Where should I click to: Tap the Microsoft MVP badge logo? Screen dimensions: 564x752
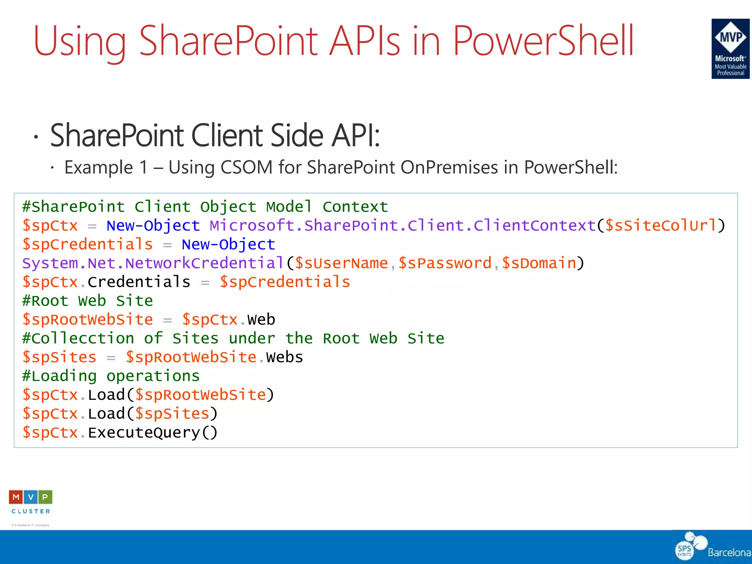(x=730, y=48)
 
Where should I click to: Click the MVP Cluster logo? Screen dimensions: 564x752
(x=31, y=502)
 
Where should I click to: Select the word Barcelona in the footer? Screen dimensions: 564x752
(x=729, y=552)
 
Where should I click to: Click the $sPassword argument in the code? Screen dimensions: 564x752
(x=445, y=263)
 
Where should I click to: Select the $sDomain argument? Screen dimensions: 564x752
(x=539, y=263)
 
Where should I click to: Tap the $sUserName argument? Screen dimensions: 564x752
(x=341, y=263)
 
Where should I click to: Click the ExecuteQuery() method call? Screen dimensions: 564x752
(x=153, y=433)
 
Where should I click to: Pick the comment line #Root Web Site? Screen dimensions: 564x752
(x=87, y=301)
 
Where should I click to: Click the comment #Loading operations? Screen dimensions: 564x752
(x=111, y=376)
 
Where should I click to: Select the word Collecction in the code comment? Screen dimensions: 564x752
(x=83, y=339)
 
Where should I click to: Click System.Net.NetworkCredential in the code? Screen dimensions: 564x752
(x=153, y=263)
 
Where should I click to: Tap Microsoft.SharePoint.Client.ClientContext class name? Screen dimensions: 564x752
(x=403, y=225)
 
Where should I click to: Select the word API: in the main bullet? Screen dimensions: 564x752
(x=355, y=135)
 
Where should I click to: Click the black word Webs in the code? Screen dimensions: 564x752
(x=285, y=357)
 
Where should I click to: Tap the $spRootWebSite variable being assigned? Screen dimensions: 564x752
(x=87, y=320)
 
